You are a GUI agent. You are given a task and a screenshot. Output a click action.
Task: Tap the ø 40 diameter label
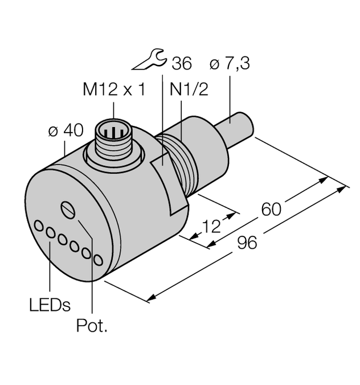(x=66, y=130)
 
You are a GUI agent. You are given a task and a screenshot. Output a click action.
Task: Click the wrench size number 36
(x=181, y=64)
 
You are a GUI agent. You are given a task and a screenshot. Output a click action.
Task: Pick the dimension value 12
(x=211, y=227)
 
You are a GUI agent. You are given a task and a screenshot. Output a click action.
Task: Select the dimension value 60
(x=271, y=209)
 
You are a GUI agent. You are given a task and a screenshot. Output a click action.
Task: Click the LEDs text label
(x=50, y=305)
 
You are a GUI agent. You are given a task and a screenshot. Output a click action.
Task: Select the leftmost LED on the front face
(x=39, y=226)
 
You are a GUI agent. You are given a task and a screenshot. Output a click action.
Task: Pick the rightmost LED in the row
(x=99, y=260)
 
